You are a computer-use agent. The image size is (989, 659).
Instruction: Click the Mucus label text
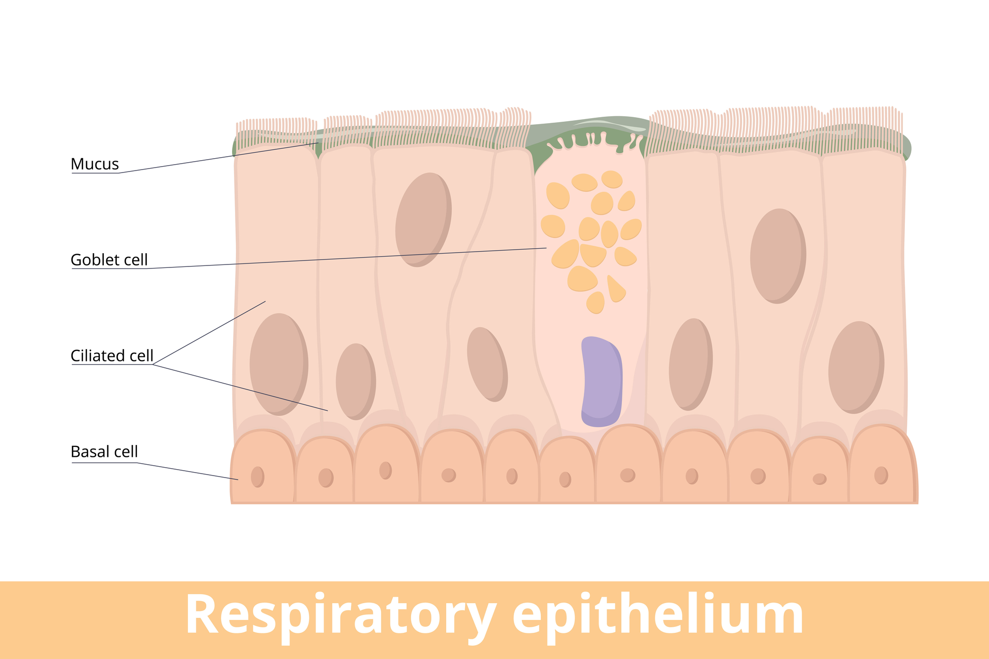(x=94, y=164)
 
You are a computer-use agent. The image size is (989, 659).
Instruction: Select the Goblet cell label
(x=109, y=260)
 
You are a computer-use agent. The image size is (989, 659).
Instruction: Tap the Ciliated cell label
(x=112, y=355)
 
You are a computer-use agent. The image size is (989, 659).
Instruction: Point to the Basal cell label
(x=104, y=451)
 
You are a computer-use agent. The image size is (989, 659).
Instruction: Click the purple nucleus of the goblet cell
(x=601, y=381)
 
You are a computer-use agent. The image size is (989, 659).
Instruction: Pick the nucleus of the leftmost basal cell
(x=257, y=477)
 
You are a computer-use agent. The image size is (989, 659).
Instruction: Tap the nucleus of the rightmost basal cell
(x=881, y=475)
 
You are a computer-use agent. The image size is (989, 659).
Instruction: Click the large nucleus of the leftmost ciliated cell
(x=279, y=364)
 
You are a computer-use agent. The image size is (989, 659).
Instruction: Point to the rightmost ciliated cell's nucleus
(x=856, y=367)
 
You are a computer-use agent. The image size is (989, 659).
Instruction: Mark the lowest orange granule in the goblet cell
(x=596, y=303)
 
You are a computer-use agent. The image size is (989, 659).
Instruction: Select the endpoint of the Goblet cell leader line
(x=547, y=248)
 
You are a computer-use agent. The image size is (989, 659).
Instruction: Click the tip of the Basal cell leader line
(x=238, y=479)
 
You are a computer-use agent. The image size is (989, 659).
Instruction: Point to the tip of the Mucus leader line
(x=319, y=143)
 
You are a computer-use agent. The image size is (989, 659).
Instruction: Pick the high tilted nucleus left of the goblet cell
(x=423, y=220)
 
